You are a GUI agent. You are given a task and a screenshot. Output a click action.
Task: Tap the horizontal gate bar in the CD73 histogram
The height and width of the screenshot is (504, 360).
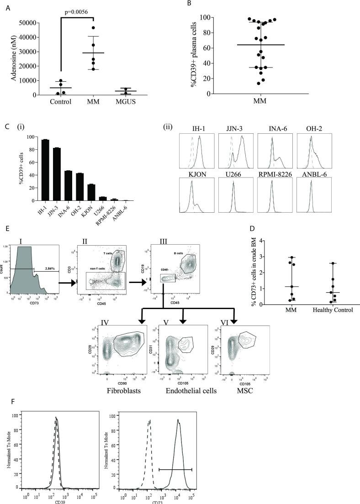pos(175,469)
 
